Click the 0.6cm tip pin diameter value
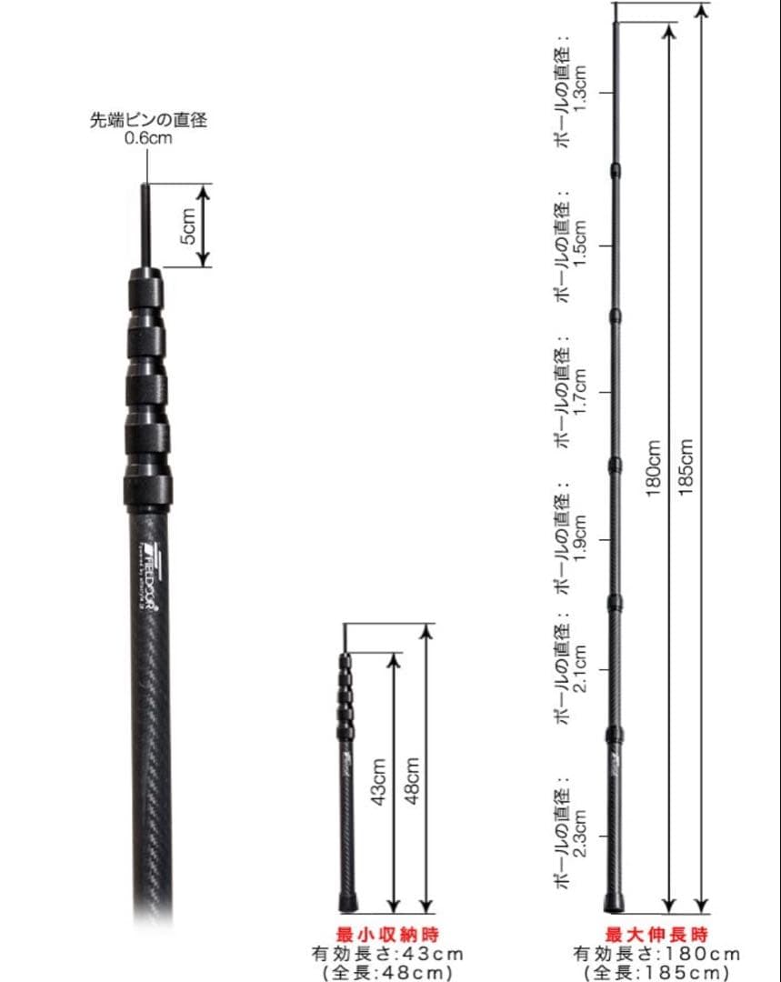(148, 139)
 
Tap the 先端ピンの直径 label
(148, 120)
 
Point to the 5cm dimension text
(186, 226)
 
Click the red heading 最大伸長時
(656, 934)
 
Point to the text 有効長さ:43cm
(387, 954)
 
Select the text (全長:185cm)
(656, 973)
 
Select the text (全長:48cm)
(387, 973)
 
